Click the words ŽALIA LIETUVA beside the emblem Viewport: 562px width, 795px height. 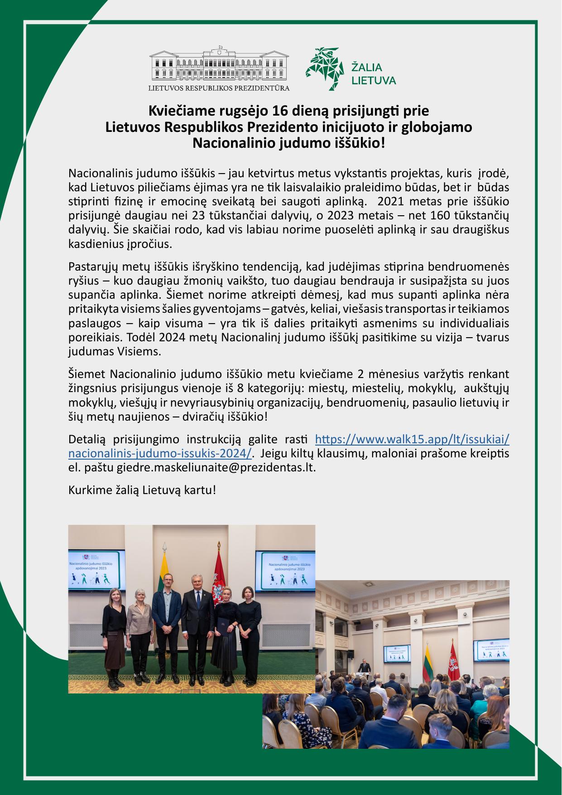click(374, 74)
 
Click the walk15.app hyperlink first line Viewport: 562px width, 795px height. click(412, 439)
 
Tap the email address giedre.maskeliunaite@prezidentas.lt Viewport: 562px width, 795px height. click(216, 467)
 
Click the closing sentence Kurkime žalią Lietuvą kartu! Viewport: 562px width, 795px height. click(142, 490)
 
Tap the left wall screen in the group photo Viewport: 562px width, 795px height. click(97, 571)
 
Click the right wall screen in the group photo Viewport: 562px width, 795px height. click(285, 571)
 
